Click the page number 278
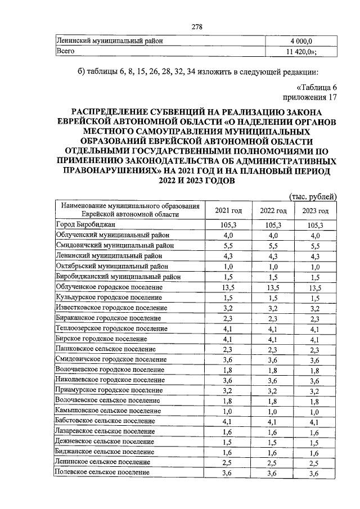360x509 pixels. (x=196, y=27)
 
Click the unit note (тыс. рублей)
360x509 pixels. (x=312, y=196)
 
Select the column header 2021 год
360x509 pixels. (x=228, y=210)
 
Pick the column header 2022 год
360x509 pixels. (x=273, y=210)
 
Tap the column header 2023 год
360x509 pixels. (x=315, y=210)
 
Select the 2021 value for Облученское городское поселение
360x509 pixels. (x=228, y=286)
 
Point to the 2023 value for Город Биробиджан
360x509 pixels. (x=315, y=225)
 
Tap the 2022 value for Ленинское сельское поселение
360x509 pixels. (x=273, y=462)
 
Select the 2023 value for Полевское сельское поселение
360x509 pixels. (x=315, y=474)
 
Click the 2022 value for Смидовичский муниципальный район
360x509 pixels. (x=273, y=246)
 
